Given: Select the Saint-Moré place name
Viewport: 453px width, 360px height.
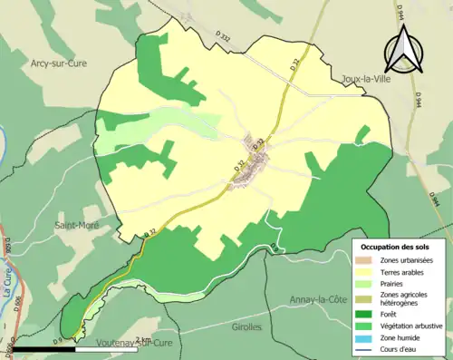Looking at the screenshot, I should pyautogui.click(x=76, y=225).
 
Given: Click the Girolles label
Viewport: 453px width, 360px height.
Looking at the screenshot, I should pyautogui.click(x=246, y=326).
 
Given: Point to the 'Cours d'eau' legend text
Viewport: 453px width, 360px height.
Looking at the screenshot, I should pyautogui.click(x=400, y=347).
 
